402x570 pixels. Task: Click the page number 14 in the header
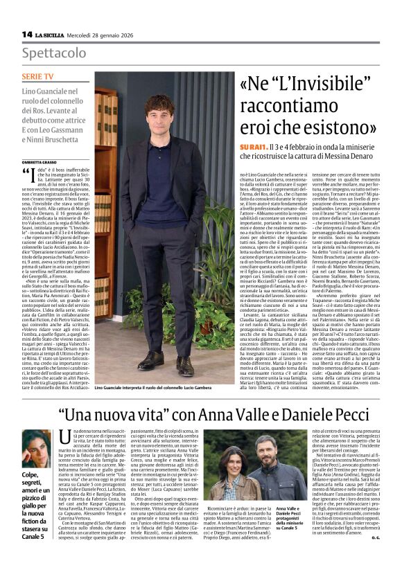[27, 34]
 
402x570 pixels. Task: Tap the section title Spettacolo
[52, 53]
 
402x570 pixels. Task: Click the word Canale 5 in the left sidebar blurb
[34, 535]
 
